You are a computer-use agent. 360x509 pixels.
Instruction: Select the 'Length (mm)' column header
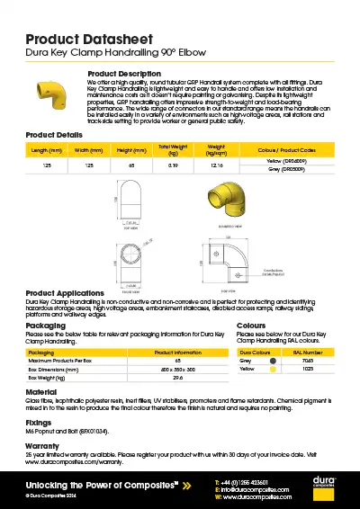pos(46,149)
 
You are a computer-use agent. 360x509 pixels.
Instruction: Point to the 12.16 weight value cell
pos(216,165)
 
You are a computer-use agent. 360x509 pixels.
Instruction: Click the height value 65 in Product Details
pos(131,165)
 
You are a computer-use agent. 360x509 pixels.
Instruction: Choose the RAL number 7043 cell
pos(309,361)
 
